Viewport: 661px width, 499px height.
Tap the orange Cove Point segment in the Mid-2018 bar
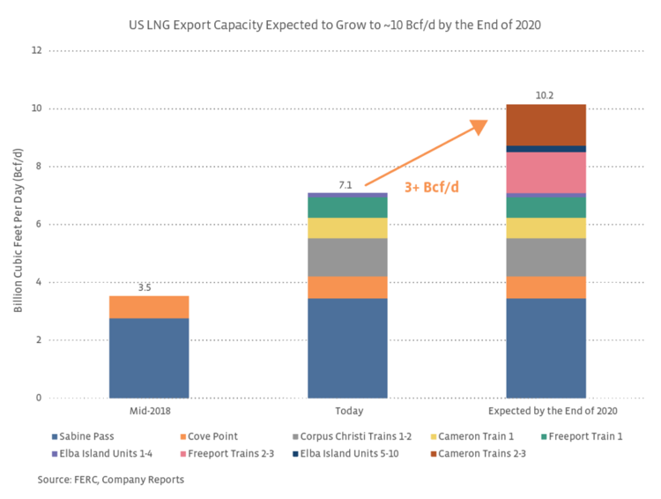pos(149,307)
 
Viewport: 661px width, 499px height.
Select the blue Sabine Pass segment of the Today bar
pos(347,348)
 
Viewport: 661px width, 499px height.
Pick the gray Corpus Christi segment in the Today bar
pos(347,257)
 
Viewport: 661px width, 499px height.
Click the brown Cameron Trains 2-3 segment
pos(546,124)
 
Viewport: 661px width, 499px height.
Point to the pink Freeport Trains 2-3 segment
pos(546,172)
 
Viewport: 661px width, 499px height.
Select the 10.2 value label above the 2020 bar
pos(546,94)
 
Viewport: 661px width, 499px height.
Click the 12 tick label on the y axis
pos(36,50)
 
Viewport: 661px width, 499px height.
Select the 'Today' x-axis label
pos(347,411)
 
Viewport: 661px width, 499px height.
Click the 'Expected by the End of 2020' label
pos(546,411)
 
